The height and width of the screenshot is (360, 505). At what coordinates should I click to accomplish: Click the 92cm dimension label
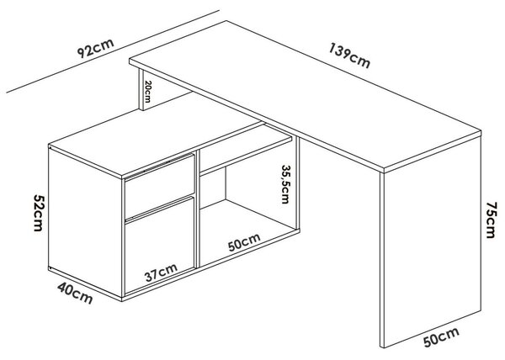[96, 48]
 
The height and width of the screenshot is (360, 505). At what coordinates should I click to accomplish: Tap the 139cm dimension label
[349, 56]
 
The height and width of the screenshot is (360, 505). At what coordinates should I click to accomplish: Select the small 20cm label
[147, 92]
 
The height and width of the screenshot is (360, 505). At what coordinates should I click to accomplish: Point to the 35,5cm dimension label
[285, 184]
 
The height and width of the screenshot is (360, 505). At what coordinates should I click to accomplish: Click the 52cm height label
[39, 213]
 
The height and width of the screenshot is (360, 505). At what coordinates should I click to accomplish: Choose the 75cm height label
[491, 220]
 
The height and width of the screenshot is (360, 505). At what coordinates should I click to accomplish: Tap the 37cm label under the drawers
[161, 273]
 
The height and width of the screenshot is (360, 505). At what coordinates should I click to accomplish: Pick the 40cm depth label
[76, 293]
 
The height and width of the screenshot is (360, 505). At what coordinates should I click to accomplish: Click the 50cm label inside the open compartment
[244, 242]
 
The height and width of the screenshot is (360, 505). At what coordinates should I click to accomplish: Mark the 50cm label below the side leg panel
[441, 336]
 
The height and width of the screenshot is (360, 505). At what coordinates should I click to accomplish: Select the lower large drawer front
[160, 245]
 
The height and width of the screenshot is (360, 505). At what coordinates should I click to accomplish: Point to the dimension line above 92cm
[113, 51]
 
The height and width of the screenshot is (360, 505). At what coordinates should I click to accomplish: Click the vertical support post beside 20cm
[141, 90]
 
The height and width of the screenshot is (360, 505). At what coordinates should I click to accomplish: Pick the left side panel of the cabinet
[85, 222]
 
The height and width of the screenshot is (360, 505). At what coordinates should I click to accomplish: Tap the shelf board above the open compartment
[247, 149]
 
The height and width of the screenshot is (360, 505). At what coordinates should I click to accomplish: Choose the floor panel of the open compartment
[248, 232]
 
